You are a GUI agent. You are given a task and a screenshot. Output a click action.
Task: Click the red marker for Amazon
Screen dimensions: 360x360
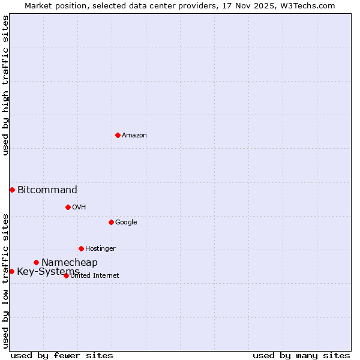(118, 135)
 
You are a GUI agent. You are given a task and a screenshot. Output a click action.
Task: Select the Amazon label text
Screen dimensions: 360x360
(134, 136)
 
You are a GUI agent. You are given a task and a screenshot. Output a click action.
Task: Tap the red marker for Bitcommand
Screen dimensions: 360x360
(12, 190)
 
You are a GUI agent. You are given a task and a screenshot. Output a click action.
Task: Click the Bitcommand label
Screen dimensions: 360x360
(47, 190)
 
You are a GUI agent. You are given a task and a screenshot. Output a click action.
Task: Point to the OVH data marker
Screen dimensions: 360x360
(68, 207)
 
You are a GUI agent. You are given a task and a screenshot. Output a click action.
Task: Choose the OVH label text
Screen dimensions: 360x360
(79, 208)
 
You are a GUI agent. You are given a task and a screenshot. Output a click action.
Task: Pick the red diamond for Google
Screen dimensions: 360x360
(111, 222)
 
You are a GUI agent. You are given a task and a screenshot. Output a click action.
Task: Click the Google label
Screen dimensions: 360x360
(126, 223)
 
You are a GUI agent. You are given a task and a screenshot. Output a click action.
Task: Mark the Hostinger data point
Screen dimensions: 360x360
(81, 248)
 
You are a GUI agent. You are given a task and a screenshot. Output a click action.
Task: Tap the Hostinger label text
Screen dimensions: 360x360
(100, 249)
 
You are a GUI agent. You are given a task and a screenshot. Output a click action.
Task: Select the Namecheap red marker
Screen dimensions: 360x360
(36, 262)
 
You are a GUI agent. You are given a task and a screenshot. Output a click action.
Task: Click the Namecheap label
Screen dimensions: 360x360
(70, 263)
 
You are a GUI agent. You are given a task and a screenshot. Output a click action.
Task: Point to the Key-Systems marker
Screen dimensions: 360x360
(11, 271)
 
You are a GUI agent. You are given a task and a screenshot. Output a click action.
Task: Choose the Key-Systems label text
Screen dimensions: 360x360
(48, 272)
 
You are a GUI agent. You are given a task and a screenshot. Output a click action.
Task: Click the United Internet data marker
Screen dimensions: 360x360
(66, 275)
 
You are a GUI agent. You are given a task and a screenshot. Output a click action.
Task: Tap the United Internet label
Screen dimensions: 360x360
(95, 276)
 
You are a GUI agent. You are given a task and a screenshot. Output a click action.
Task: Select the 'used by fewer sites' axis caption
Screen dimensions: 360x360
(62, 355)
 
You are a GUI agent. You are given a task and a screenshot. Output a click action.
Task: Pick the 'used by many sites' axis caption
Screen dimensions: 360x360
(301, 355)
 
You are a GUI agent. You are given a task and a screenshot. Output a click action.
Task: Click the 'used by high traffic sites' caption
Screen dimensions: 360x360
(6, 85)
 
